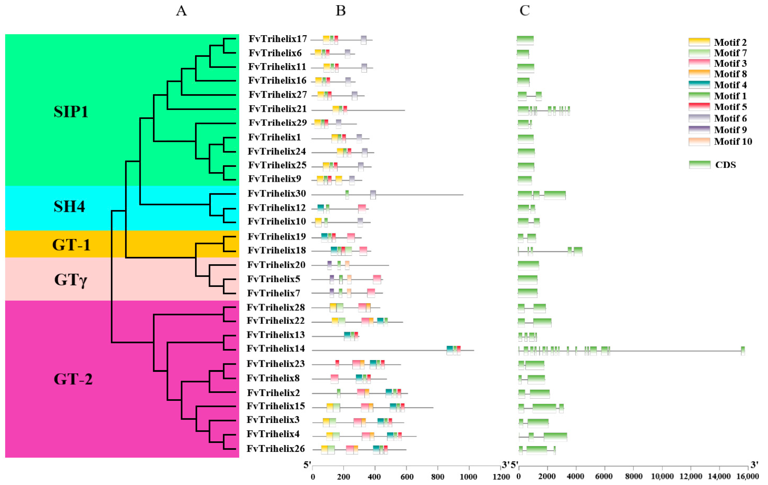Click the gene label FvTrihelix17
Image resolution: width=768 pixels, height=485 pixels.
pyautogui.click(x=277, y=39)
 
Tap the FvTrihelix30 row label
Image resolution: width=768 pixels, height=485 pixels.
pyautogui.click(x=277, y=193)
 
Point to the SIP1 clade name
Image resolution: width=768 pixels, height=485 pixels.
pyautogui.click(x=71, y=112)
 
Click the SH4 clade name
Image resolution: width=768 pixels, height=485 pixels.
pyautogui.click(x=69, y=206)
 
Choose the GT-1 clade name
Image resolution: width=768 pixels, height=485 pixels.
pyautogui.click(x=71, y=245)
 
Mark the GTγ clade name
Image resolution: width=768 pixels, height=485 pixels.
pyautogui.click(x=71, y=280)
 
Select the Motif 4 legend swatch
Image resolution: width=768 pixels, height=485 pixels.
pyautogui.click(x=699, y=85)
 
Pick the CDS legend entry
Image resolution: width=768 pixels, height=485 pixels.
pyautogui.click(x=725, y=165)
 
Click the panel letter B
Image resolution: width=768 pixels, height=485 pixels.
pyautogui.click(x=341, y=11)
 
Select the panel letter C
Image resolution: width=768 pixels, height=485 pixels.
pyautogui.click(x=524, y=11)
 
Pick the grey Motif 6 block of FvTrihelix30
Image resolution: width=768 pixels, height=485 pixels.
pyautogui.click(x=373, y=195)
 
